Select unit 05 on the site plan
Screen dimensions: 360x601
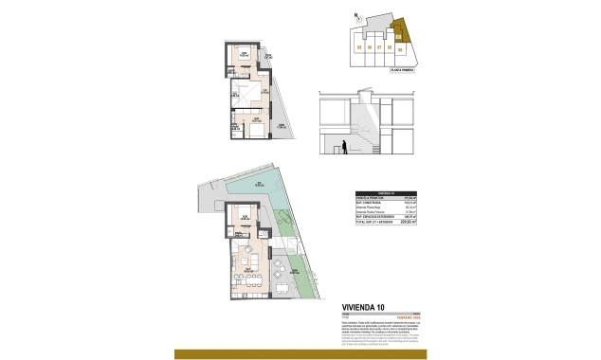tap(358, 45)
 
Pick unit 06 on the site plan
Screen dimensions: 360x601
tap(369, 45)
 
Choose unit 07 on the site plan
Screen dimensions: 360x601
tap(379, 45)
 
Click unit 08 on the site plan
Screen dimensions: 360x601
tap(390, 45)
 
